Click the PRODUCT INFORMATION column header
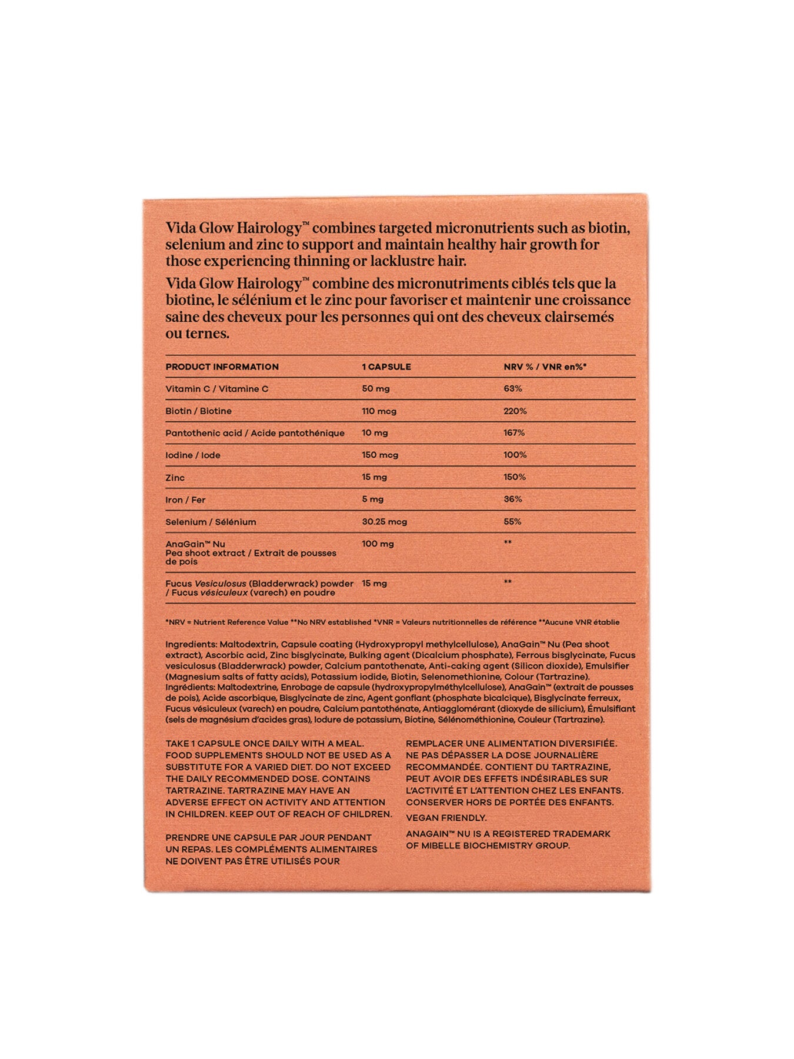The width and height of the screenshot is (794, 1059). tap(222, 367)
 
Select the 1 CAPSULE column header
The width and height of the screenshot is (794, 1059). tap(386, 367)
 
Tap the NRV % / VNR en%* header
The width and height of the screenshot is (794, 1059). tap(545, 367)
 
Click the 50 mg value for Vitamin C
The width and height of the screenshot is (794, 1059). tap(375, 389)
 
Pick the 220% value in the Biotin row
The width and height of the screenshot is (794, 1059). tap(515, 411)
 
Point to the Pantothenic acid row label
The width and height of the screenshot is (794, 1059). tap(255, 433)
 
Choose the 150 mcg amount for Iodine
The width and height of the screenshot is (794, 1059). tap(379, 455)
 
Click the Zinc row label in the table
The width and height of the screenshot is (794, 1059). tap(175, 478)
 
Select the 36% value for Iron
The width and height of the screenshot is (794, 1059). tap(512, 499)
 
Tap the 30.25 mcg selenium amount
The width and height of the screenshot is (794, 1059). tap(384, 522)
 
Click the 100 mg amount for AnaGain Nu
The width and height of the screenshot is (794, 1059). tap(378, 544)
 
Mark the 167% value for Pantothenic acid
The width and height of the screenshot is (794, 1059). tap(514, 433)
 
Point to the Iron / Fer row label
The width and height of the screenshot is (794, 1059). tap(185, 500)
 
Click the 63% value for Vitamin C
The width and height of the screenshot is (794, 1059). tap(512, 389)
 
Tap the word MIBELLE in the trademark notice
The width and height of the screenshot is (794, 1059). tap(444, 845)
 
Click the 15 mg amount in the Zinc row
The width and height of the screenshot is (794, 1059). tap(373, 478)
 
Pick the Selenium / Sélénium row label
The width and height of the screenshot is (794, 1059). tap(211, 522)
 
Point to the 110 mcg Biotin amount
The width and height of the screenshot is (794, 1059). tap(379, 411)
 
